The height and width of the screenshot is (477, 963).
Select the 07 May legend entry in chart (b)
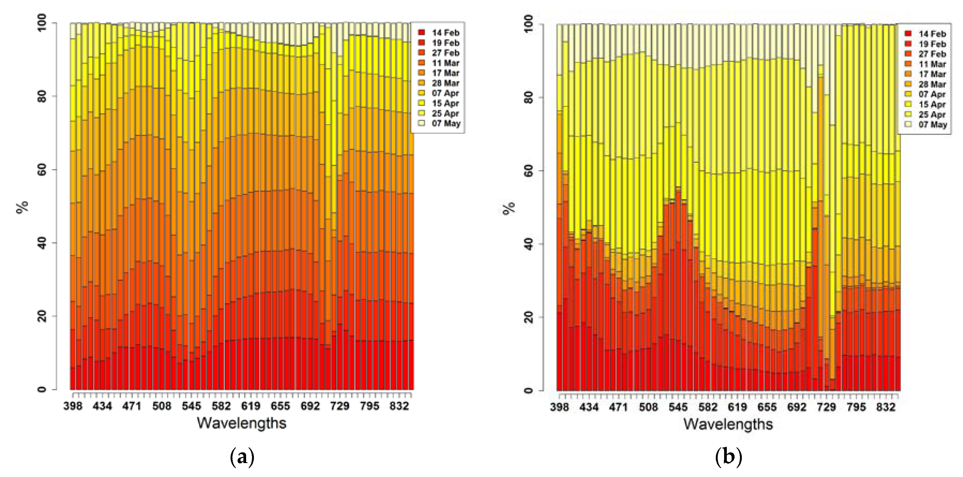pyautogui.click(x=932, y=124)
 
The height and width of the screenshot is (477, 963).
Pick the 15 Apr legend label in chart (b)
pyautogui.click(x=932, y=104)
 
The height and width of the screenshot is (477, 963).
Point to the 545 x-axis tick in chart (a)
pyautogui.click(x=191, y=406)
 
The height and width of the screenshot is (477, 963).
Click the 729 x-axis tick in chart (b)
pyautogui.click(x=826, y=407)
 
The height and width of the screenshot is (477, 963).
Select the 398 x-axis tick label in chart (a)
pyautogui.click(x=73, y=406)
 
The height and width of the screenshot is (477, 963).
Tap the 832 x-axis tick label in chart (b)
pyautogui.click(x=885, y=407)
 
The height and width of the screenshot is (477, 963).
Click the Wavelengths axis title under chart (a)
pyautogui.click(x=242, y=423)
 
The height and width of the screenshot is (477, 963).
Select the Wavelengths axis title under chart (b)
pyautogui.click(x=728, y=424)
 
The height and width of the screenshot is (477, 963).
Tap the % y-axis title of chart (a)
pyautogui.click(x=23, y=206)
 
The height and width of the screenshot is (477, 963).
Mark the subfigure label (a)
pyautogui.click(x=242, y=457)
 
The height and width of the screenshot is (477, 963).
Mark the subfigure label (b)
pyautogui.click(x=728, y=457)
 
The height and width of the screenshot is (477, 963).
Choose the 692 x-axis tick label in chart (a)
pyautogui.click(x=310, y=406)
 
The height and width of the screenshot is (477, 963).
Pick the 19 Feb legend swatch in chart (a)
pyautogui.click(x=421, y=43)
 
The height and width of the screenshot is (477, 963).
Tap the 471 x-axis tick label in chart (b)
pyautogui.click(x=618, y=407)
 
